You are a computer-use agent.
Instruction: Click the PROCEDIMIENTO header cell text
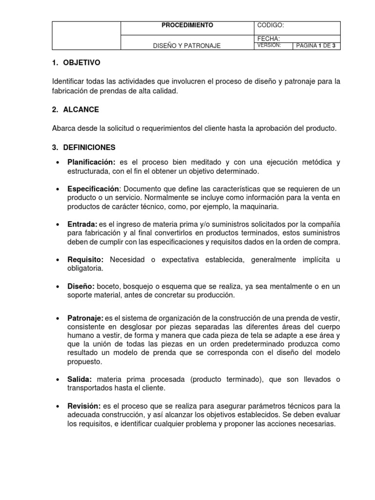(187, 25)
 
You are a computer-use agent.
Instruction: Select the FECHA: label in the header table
(268, 39)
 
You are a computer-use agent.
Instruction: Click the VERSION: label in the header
(269, 45)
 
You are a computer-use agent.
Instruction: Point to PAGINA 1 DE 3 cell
(316, 46)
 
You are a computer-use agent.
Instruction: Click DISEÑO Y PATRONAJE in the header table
(187, 46)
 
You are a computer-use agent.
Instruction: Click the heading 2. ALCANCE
(75, 110)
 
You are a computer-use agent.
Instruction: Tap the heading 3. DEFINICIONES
(83, 147)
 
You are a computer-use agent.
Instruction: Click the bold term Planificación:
(91, 162)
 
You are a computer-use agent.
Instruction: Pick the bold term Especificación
(93, 188)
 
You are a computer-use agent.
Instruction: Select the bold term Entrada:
(83, 224)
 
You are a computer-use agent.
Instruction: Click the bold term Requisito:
(85, 260)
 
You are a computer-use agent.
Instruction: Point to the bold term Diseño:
(81, 286)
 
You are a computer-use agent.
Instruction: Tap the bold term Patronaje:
(85, 318)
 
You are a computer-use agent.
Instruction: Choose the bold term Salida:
(81, 379)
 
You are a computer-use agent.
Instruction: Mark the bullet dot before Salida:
(58, 380)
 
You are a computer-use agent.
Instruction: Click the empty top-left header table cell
(86, 36)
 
